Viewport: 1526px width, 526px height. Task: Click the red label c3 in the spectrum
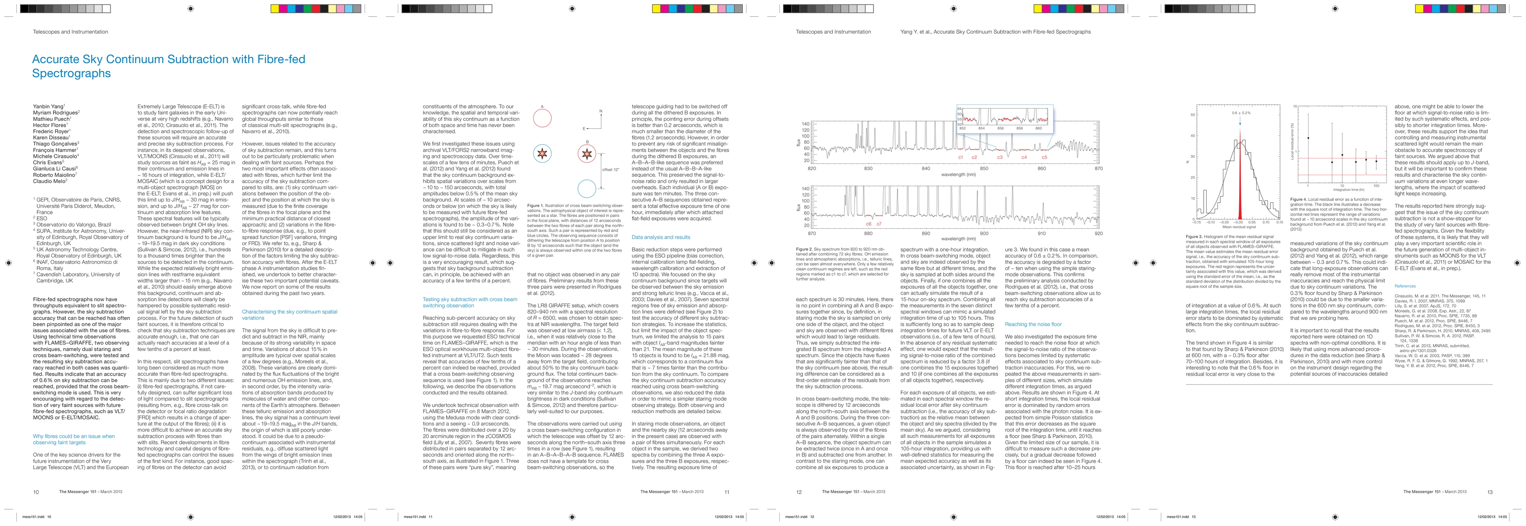[x=1000, y=157]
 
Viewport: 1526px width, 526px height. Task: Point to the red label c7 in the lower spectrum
[x=879, y=224]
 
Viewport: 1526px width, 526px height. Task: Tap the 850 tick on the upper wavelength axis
[x=984, y=169]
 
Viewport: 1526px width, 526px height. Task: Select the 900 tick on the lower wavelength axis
[x=984, y=233]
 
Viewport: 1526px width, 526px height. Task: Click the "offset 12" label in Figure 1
[x=611, y=169]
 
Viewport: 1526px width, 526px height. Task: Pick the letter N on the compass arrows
[x=601, y=111]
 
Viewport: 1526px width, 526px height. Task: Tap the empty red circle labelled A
[x=542, y=118]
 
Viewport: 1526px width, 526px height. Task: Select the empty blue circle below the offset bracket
[x=586, y=189]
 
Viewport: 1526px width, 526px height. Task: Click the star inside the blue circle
[x=542, y=154]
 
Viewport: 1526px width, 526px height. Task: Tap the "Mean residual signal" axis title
[x=1239, y=227]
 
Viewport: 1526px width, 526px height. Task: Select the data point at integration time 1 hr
[x=1308, y=138]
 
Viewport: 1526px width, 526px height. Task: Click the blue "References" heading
[x=1405, y=286]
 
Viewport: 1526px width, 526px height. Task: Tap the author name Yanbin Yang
[x=48, y=107]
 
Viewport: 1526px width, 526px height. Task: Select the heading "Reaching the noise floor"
[x=1033, y=324]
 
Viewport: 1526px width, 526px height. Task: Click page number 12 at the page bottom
[x=799, y=492]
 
